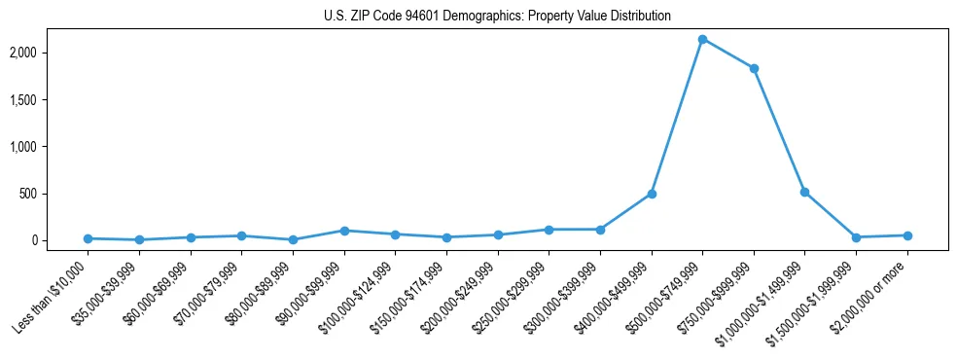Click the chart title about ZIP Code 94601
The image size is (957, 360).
click(497, 16)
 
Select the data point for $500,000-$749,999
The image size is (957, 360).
click(702, 39)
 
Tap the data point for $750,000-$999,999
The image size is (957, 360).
click(754, 68)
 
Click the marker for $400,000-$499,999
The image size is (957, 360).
click(652, 194)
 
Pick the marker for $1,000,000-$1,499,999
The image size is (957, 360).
click(804, 192)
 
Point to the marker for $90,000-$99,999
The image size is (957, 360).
click(344, 231)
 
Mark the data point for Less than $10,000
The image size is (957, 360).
click(89, 238)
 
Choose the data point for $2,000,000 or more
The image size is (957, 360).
click(907, 235)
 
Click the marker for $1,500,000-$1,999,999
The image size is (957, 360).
click(856, 237)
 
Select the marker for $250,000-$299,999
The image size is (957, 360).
click(549, 230)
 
